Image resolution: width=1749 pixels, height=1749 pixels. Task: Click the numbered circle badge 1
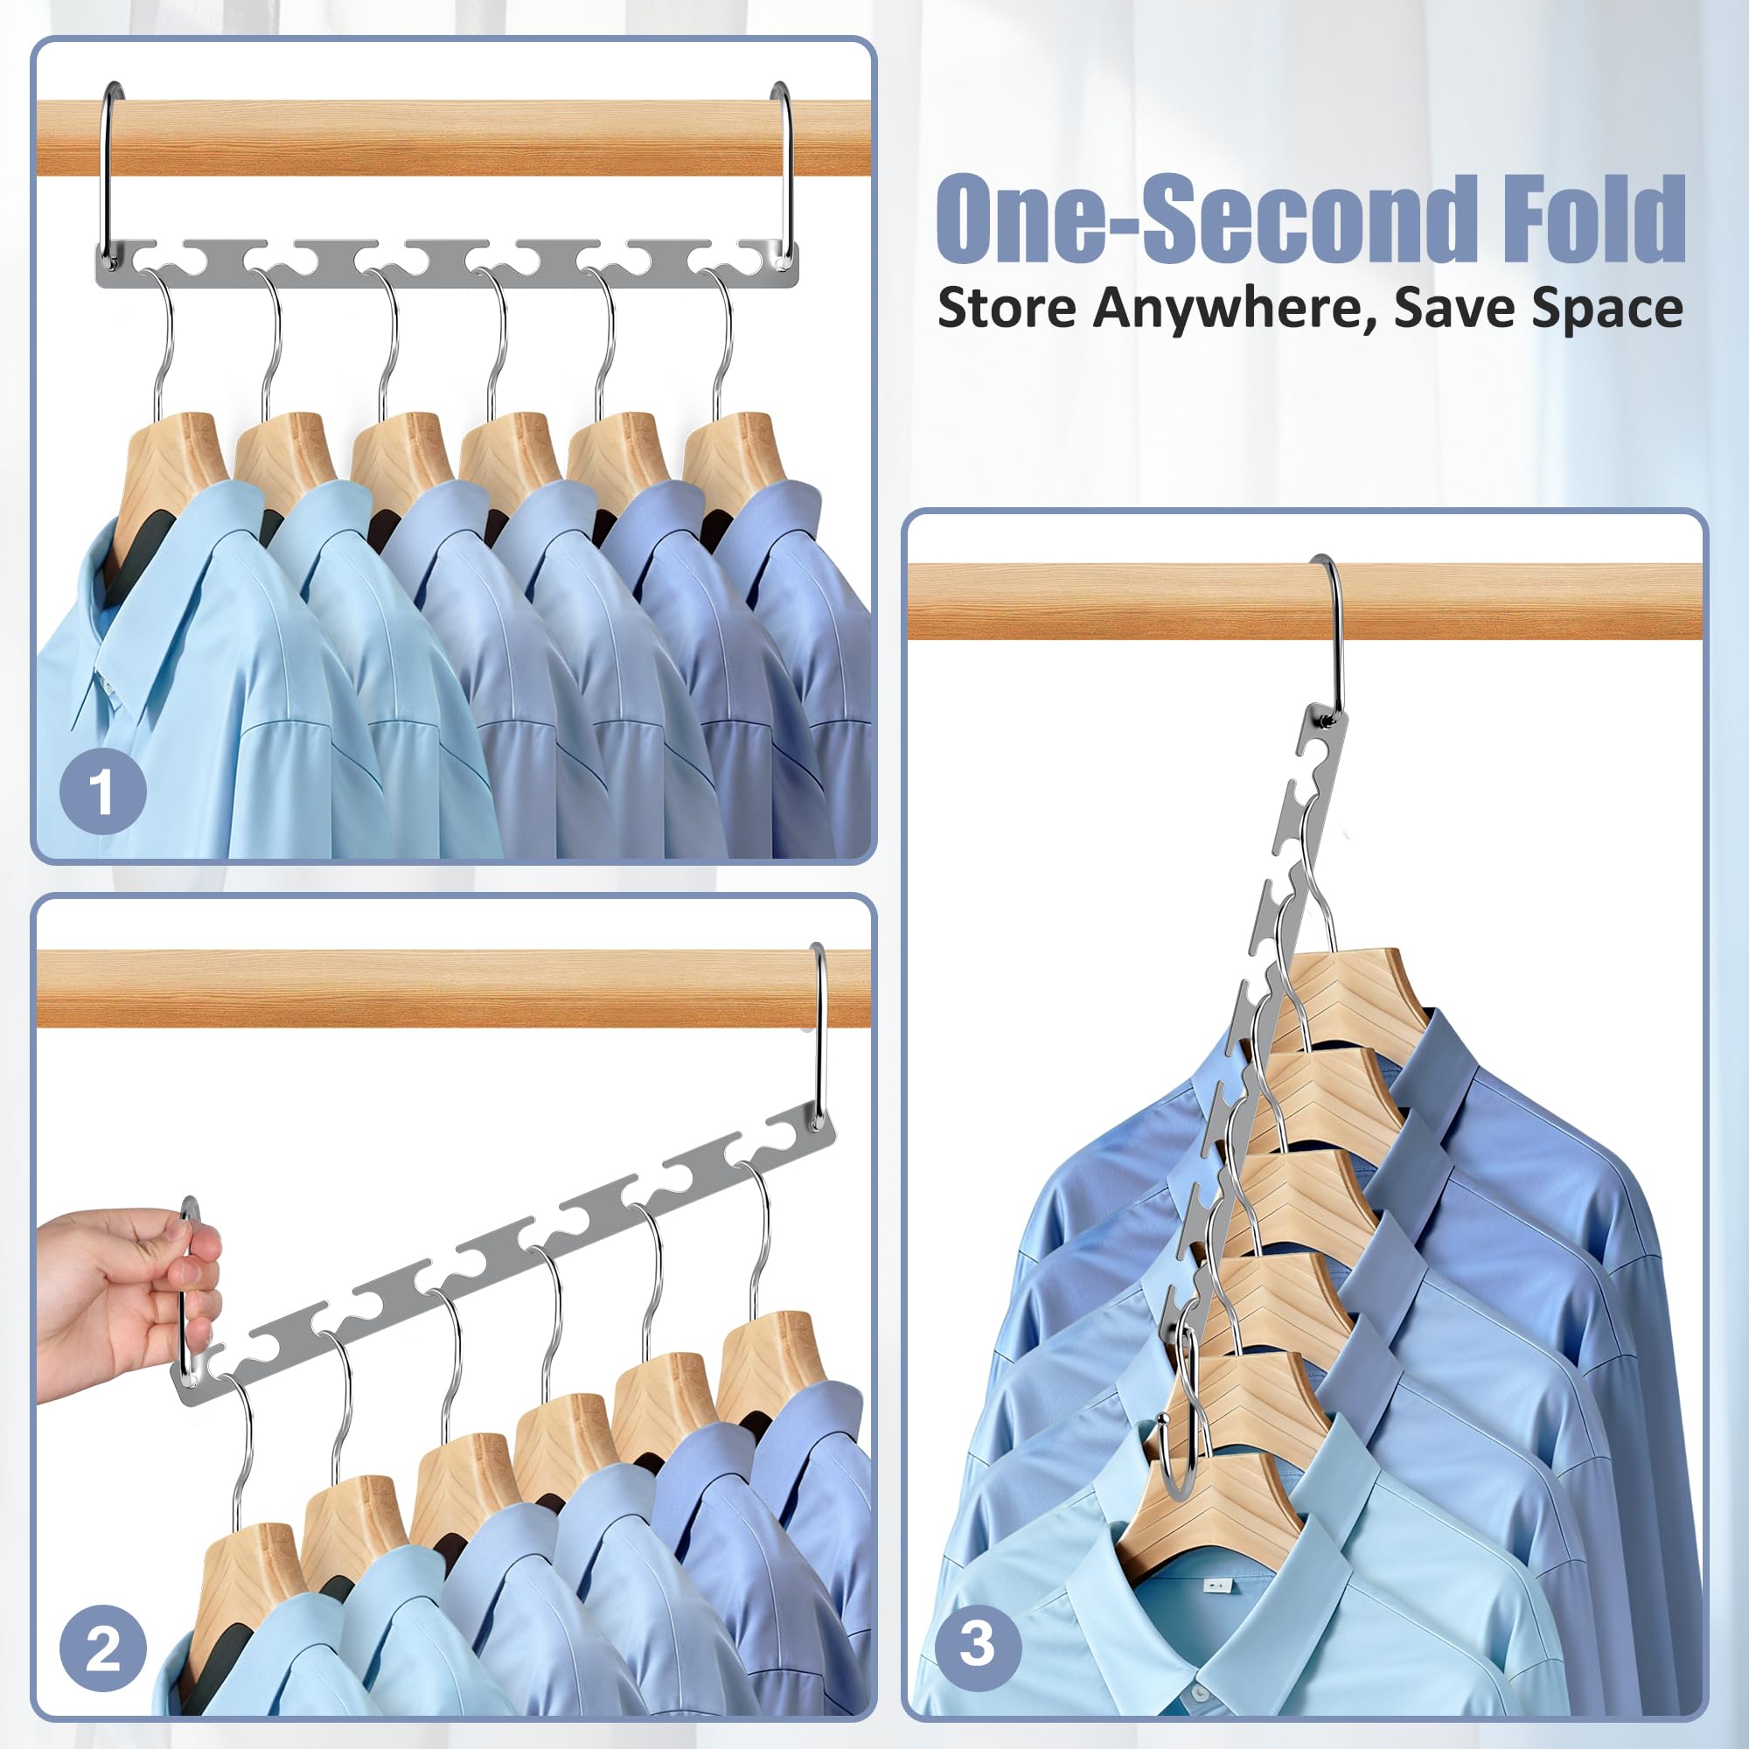(103, 791)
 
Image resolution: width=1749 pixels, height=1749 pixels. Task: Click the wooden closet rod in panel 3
(1304, 601)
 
